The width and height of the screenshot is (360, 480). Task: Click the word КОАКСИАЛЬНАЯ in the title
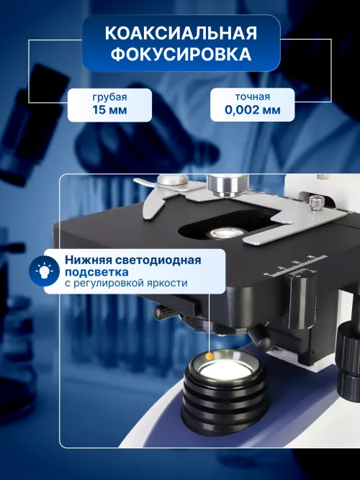[181, 34]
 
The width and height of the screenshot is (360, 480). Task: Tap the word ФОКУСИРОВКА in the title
[181, 56]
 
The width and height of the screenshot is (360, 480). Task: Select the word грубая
[110, 96]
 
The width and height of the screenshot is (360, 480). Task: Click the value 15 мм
[110, 111]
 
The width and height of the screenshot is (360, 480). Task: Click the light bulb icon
[45, 271]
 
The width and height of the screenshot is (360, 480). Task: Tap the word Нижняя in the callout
[85, 260]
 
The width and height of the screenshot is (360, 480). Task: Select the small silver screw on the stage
[314, 203]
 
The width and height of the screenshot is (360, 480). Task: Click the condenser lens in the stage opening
[226, 233]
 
